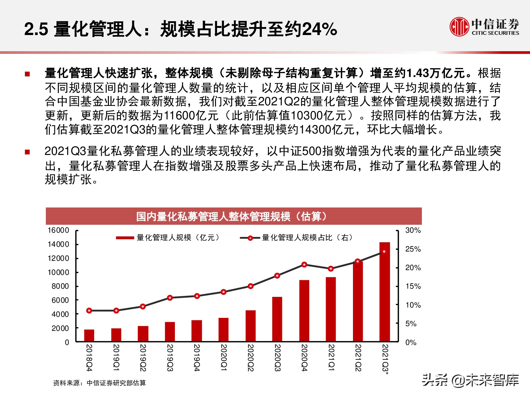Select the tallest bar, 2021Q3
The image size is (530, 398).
pos(385,292)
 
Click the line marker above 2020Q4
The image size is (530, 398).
pos(304,265)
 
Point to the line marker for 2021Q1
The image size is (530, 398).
pos(331,269)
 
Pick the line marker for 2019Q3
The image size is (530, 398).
pos(170,298)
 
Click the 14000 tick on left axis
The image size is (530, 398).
pos(58,244)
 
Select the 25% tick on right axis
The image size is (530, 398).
pos(413,249)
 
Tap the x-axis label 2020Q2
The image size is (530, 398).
pos(250,358)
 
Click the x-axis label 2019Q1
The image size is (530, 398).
pos(116,358)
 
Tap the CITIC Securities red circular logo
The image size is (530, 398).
pos(459,27)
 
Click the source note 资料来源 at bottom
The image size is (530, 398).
pos(100,383)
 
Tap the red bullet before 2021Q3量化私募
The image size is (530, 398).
pos(27,152)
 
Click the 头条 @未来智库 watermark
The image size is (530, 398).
pos(470,380)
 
